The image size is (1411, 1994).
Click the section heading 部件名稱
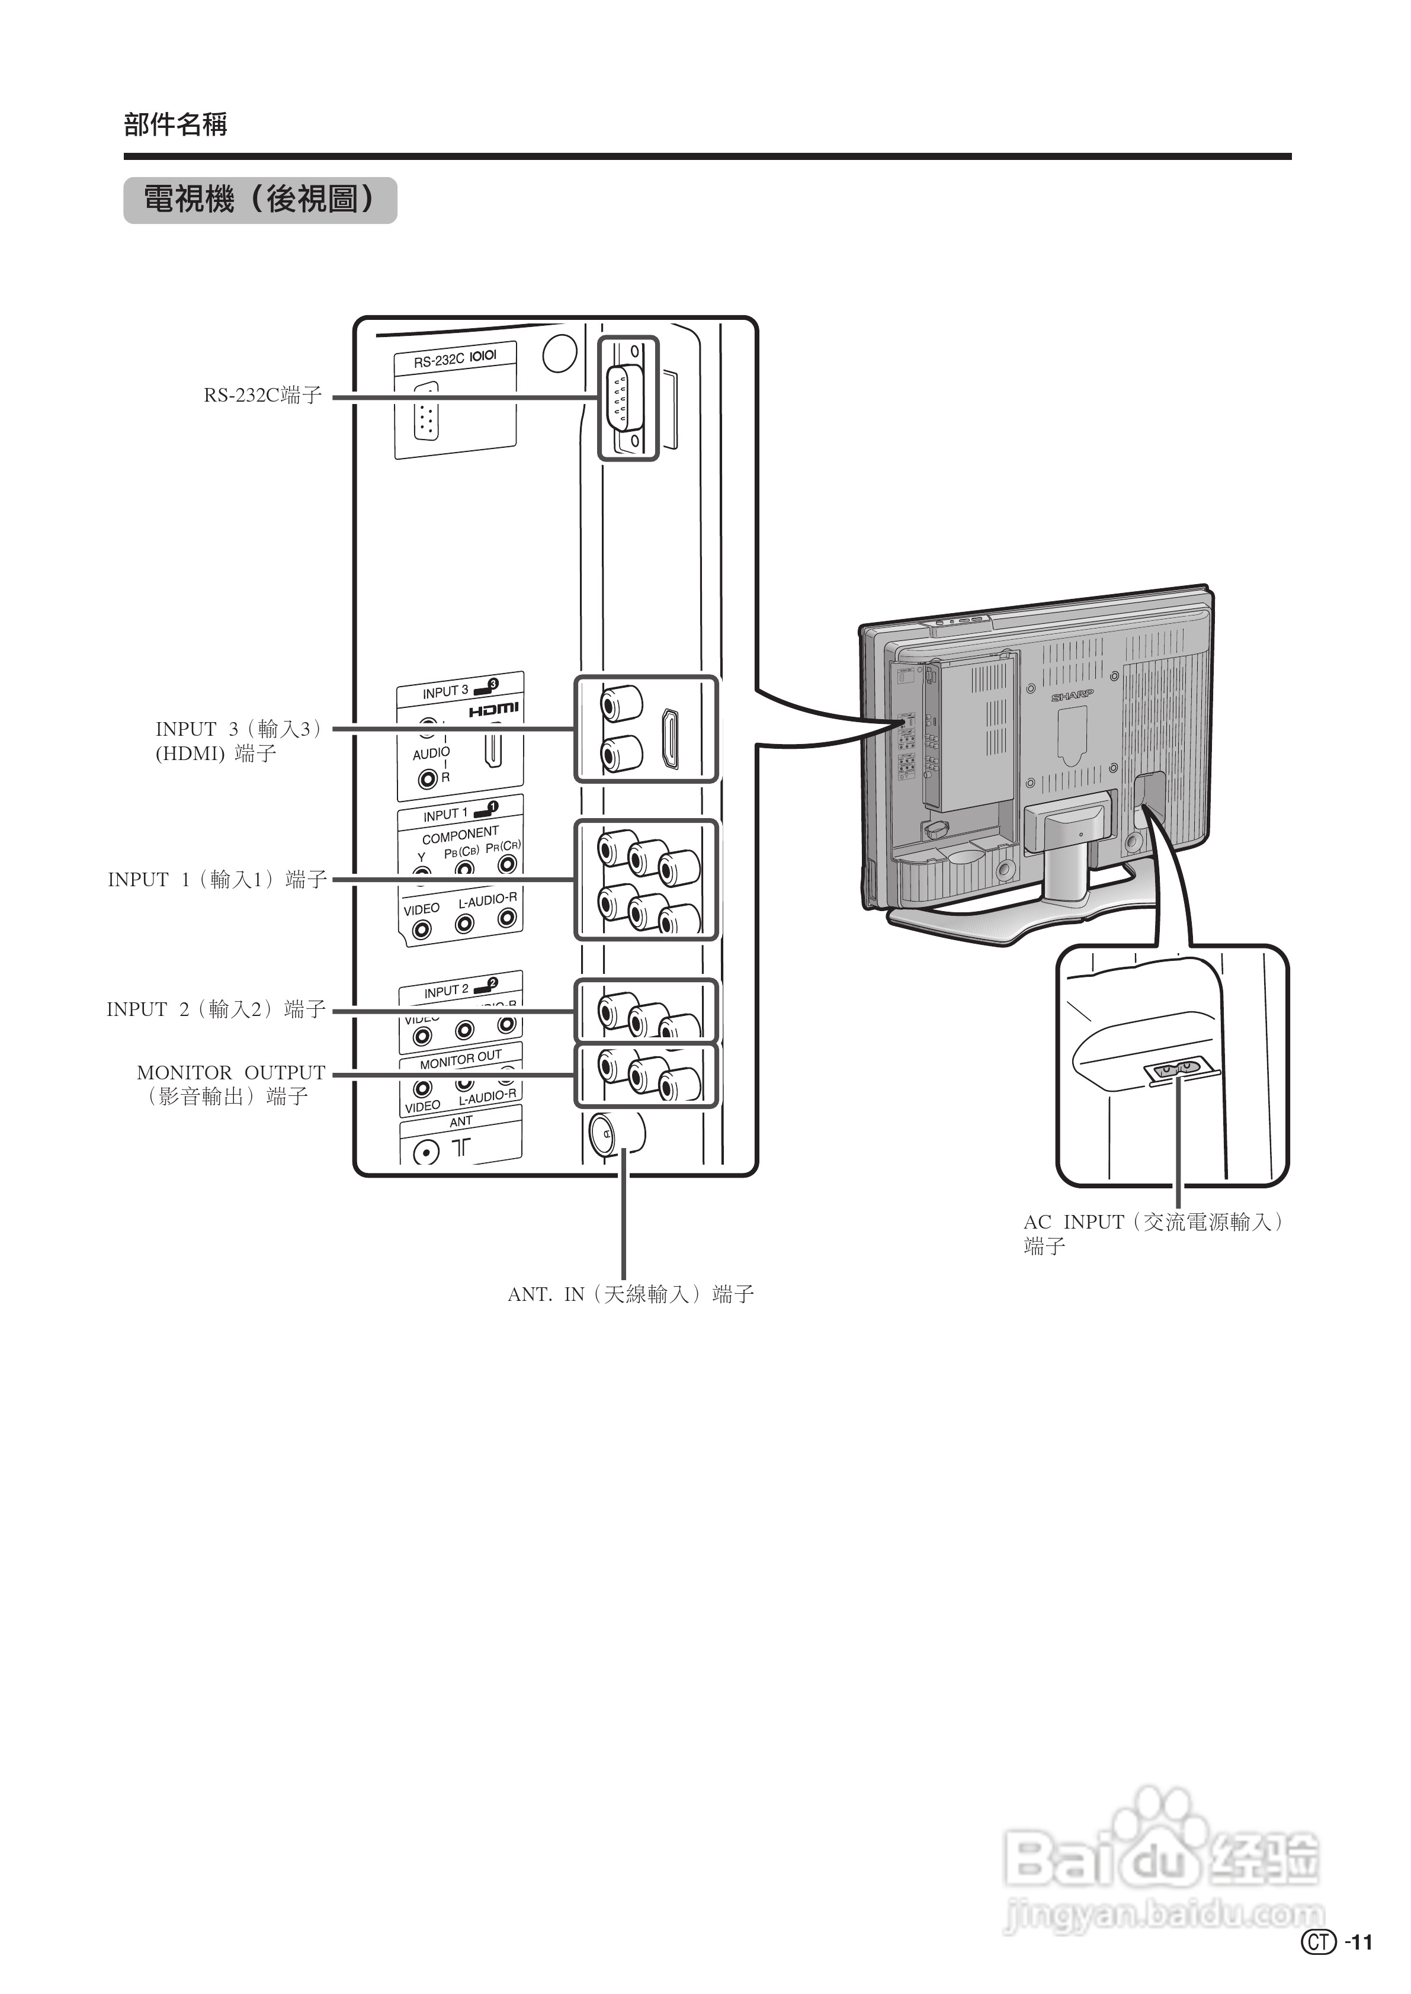[175, 125]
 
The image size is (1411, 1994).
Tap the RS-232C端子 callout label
[263, 395]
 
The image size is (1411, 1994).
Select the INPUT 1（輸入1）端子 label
[217, 879]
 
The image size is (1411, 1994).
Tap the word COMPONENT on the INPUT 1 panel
[460, 835]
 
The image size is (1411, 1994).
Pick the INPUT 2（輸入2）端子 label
[216, 1009]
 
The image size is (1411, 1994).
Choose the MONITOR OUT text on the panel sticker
[460, 1060]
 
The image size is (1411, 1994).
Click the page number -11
[1359, 1966]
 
